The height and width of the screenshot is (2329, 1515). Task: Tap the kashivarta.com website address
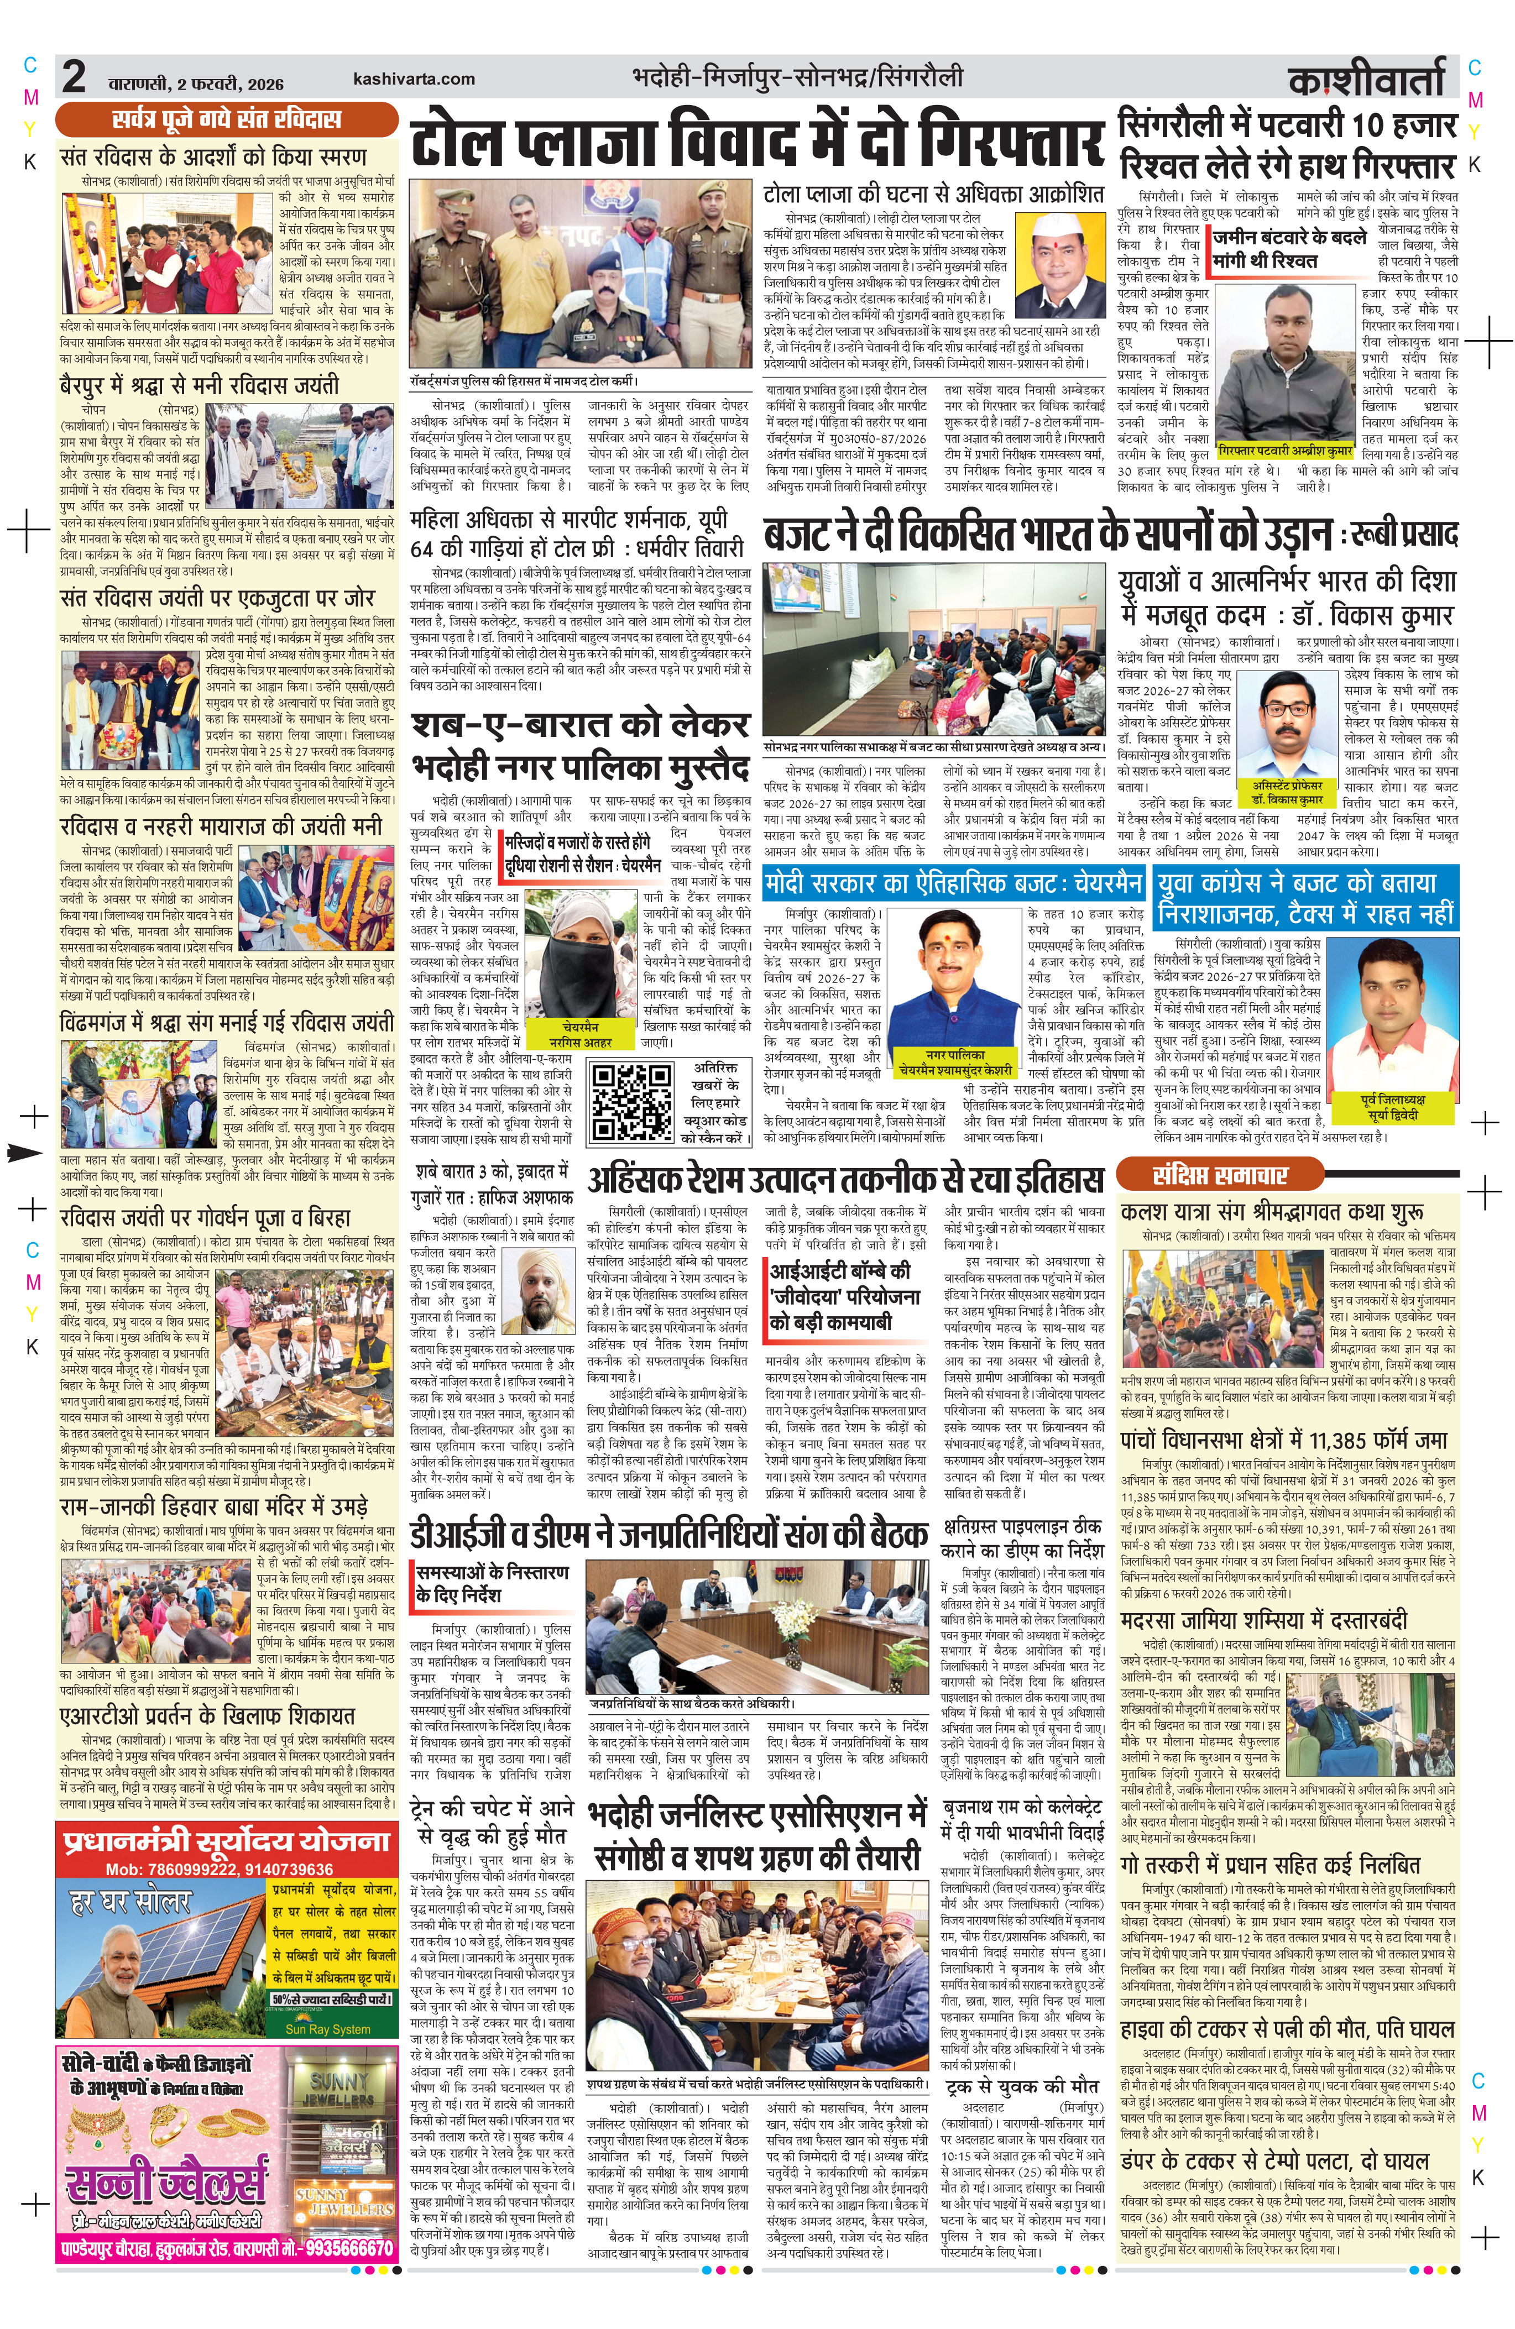click(414, 79)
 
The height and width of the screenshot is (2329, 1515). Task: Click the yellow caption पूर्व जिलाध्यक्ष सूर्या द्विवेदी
click(1393, 1107)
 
